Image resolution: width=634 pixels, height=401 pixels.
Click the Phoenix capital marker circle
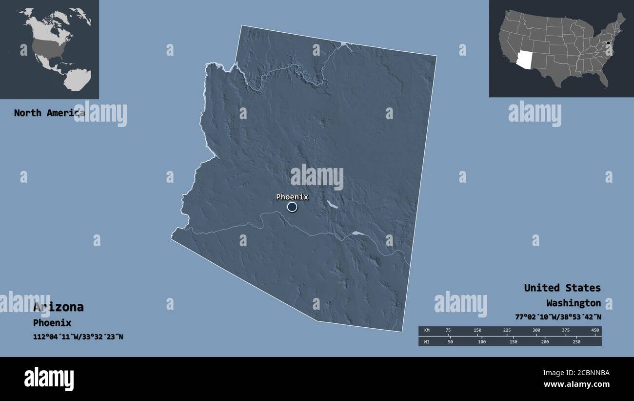point(292,207)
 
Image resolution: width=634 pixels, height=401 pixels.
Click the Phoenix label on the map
point(292,197)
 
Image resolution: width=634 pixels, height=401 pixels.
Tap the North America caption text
point(49,113)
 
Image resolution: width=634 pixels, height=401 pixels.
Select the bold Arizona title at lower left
point(58,307)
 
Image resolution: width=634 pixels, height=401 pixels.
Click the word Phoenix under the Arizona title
point(52,323)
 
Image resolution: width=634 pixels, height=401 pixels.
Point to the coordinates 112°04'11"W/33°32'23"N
point(78,337)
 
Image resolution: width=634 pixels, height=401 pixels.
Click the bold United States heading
point(562,288)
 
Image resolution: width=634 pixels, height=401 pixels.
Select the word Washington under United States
point(573,303)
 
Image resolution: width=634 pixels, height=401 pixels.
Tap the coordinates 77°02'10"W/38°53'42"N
point(558,317)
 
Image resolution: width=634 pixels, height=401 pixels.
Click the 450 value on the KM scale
point(594,331)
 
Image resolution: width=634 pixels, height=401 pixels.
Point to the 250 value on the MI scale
point(576,341)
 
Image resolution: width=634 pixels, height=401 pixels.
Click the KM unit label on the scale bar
point(427,331)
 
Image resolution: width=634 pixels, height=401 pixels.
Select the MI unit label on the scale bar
point(427,341)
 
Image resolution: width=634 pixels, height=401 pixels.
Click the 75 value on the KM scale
point(448,331)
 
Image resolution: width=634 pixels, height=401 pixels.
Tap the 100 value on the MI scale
point(482,341)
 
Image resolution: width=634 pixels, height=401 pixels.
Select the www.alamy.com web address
point(577,384)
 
